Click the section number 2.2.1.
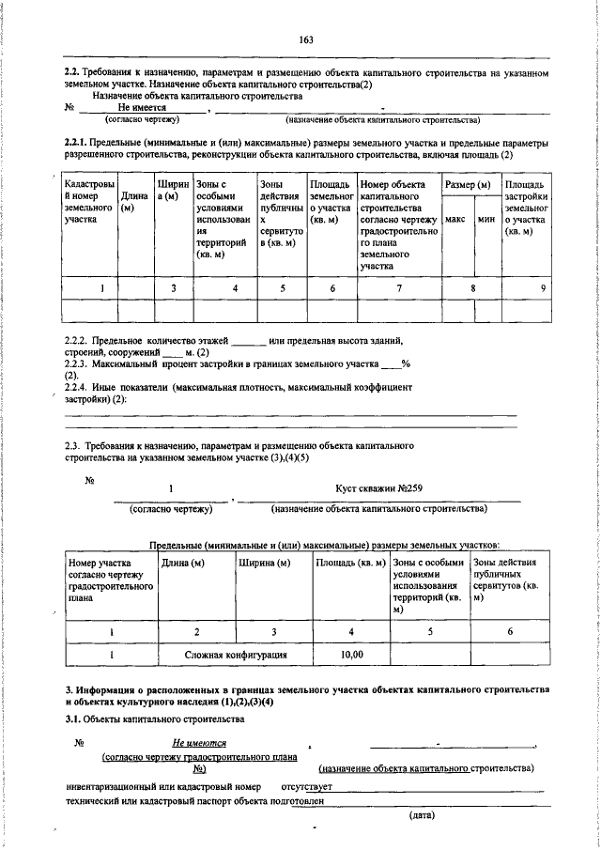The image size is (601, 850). [x=76, y=142]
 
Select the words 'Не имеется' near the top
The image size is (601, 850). [x=142, y=108]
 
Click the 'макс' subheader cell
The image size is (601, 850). [x=455, y=218]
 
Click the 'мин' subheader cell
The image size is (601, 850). [x=486, y=218]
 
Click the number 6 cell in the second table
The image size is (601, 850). [x=509, y=632]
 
